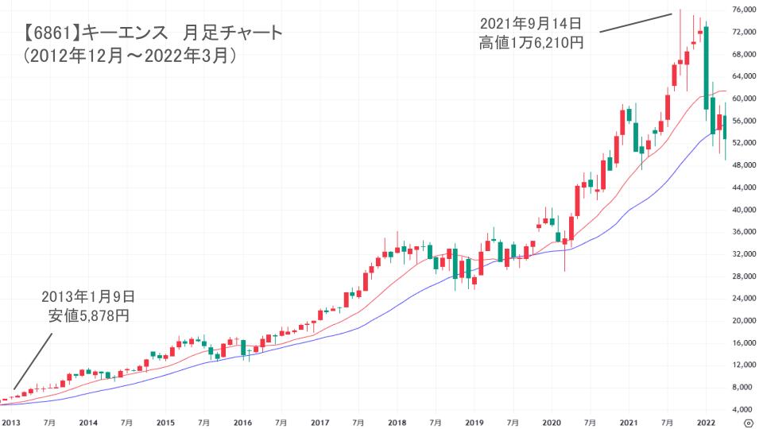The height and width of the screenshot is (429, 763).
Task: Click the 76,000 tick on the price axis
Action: pyautogui.click(x=743, y=10)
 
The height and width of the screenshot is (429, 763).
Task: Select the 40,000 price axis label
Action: pyautogui.click(x=743, y=210)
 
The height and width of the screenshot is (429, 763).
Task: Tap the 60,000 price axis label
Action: pyautogui.click(x=743, y=99)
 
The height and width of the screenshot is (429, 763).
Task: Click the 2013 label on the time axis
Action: pyautogui.click(x=11, y=423)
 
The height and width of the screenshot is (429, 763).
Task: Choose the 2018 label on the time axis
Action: pyautogui.click(x=397, y=423)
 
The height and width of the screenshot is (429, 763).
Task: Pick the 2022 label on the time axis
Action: pyautogui.click(x=707, y=423)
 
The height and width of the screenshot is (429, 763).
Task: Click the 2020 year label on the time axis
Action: pyautogui.click(x=552, y=423)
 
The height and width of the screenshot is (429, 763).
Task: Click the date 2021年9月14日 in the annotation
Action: pyautogui.click(x=531, y=23)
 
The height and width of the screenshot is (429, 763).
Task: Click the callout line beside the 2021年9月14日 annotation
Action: pyautogui.click(x=636, y=22)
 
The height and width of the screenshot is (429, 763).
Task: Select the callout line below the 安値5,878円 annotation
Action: pyautogui.click(x=33, y=361)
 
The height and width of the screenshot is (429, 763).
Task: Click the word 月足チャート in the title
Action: pyautogui.click(x=232, y=34)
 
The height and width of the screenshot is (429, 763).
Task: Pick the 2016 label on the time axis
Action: pyautogui.click(x=243, y=423)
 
